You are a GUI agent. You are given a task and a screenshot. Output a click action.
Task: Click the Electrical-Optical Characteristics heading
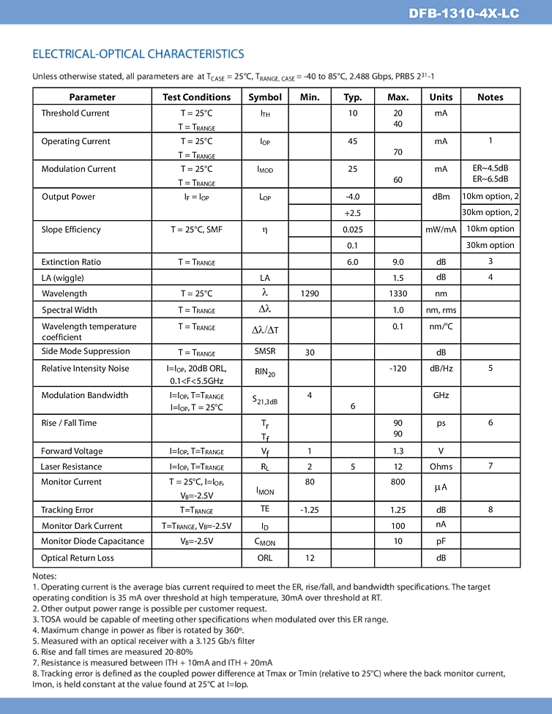tap(138, 54)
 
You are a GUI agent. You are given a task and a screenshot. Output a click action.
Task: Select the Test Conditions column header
tap(196, 97)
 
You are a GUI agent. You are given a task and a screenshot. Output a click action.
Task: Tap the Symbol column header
tap(265, 97)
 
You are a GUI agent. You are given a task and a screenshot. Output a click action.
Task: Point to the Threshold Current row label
tap(75, 113)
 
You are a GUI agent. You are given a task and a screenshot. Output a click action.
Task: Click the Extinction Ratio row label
tap(71, 262)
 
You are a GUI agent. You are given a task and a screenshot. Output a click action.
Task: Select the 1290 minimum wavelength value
tap(310, 293)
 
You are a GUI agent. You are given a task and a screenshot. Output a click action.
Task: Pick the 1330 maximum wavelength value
tap(398, 293)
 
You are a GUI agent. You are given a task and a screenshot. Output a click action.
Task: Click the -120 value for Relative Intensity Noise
tap(398, 369)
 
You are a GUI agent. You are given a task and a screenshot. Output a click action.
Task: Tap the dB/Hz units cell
tap(441, 369)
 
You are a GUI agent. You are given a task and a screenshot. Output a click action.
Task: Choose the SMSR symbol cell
tap(265, 351)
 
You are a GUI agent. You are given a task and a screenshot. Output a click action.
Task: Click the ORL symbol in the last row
tap(265, 558)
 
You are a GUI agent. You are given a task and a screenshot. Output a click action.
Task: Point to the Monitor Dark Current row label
tap(82, 526)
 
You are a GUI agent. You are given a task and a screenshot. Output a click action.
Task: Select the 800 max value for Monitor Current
tap(398, 482)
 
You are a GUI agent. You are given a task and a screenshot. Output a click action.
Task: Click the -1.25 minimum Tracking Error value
tap(310, 510)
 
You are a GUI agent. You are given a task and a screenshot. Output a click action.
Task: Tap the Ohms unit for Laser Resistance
tap(441, 467)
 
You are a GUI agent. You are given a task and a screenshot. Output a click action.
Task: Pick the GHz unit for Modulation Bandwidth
tap(441, 395)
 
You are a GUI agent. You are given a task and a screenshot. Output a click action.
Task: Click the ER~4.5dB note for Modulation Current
tap(491, 168)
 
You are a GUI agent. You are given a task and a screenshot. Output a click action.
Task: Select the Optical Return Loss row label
tap(78, 558)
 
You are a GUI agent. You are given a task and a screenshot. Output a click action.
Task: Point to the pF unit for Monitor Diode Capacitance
tap(441, 541)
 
